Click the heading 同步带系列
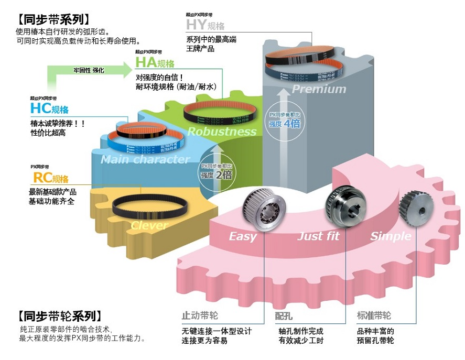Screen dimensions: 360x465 pyautogui.click(x=50, y=20)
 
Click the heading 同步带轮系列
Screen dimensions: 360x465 pyautogui.click(x=57, y=316)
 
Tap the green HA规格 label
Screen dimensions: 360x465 pyautogui.click(x=155, y=63)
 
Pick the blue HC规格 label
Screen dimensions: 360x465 pyautogui.click(x=49, y=108)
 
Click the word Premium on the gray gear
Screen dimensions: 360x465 pyautogui.click(x=319, y=89)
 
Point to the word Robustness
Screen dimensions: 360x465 pyautogui.click(x=222, y=132)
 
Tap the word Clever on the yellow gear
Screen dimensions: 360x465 pyautogui.click(x=149, y=226)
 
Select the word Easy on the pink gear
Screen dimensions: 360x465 pyautogui.click(x=243, y=236)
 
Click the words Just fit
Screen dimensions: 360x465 pyautogui.click(x=318, y=236)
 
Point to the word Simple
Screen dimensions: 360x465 pyautogui.click(x=391, y=236)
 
